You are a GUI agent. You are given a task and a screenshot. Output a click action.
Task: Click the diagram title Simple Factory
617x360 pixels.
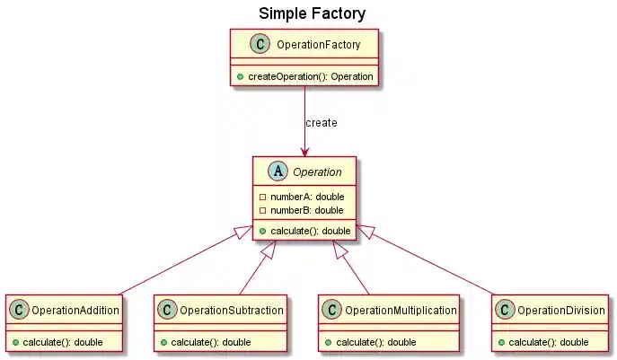(x=312, y=13)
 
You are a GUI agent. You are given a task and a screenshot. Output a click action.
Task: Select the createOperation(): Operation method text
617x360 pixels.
(x=310, y=76)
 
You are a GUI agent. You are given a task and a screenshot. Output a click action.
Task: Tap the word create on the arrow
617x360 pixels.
(x=322, y=122)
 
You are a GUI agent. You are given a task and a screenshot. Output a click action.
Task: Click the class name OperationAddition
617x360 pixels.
(x=75, y=311)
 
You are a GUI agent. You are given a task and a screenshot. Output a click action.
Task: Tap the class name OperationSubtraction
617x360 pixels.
(x=232, y=311)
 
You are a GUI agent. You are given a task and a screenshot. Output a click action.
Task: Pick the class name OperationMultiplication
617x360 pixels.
(x=401, y=311)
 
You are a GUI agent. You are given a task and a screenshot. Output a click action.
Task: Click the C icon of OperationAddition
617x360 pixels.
(x=21, y=311)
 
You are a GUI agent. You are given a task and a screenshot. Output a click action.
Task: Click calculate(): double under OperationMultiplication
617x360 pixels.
(x=375, y=342)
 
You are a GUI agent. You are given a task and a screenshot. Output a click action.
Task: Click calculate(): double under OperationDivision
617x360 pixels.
(x=548, y=342)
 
